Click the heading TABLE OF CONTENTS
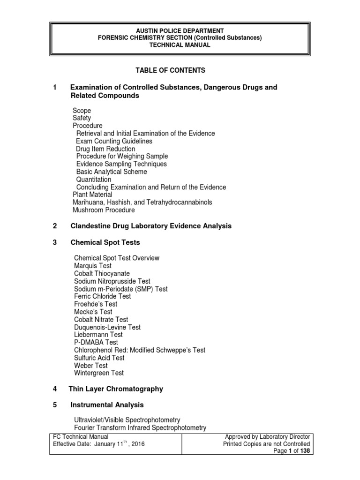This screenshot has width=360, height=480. point(171,70)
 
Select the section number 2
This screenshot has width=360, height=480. point(55,226)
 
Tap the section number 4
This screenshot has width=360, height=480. point(55,389)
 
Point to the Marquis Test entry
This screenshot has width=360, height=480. point(93,266)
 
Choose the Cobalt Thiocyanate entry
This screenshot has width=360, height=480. point(102,273)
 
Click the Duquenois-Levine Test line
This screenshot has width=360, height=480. point(107,327)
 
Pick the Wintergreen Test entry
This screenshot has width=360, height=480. point(99,373)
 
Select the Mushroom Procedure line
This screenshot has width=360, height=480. point(104,210)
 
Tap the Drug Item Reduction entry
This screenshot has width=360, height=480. point(105,149)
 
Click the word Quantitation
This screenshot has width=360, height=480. point(94,180)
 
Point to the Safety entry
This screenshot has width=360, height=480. point(82,118)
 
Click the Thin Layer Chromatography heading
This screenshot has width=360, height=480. point(116,389)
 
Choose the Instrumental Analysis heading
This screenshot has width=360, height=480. point(107,405)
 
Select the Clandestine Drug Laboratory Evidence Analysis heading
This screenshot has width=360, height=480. point(151,226)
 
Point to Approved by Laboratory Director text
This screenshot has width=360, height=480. point(268,436)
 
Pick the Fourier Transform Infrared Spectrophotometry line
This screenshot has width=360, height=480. point(140,427)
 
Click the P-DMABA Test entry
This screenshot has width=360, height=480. point(96,343)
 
